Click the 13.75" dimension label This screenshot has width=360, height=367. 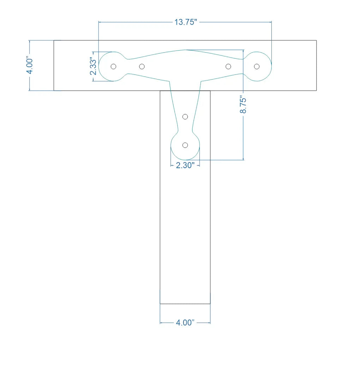pyautogui.click(x=186, y=22)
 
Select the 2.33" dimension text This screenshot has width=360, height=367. pyautogui.click(x=93, y=66)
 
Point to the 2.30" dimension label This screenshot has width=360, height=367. pyautogui.click(x=185, y=165)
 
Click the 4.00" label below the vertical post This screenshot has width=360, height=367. pyautogui.click(x=185, y=322)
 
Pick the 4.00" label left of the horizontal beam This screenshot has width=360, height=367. pyautogui.click(x=30, y=65)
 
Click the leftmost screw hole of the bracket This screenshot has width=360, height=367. pyautogui.click(x=113, y=66)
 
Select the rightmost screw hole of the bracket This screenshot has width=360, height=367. pyautogui.click(x=257, y=66)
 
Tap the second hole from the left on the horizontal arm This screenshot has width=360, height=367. pyautogui.click(x=142, y=66)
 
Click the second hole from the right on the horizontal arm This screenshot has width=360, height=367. pyautogui.click(x=228, y=66)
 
